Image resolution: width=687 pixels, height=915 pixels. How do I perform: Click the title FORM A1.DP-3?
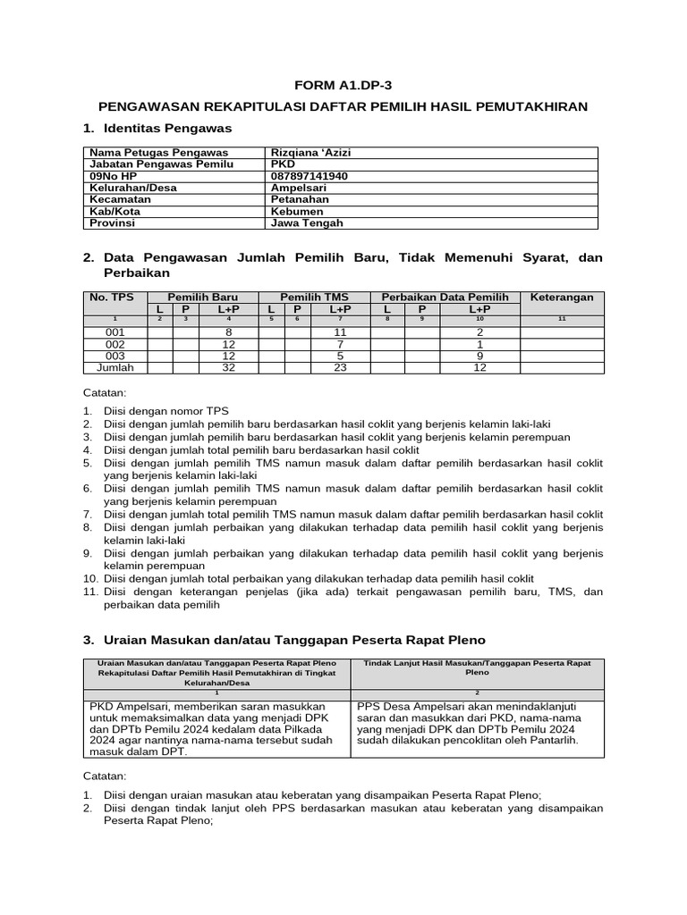pos(343,85)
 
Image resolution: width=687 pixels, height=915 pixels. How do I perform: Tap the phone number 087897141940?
pos(309,176)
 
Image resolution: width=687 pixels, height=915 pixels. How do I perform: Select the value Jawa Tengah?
pos(306,223)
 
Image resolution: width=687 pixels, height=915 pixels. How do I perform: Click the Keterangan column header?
pos(562,297)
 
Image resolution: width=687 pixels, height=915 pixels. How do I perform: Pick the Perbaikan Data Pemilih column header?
pos(445,297)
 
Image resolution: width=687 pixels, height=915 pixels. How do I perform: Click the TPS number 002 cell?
pos(115,344)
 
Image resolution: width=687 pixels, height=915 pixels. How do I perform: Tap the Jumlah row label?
pos(115,367)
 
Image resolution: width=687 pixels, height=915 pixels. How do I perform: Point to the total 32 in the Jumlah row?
pos(228,367)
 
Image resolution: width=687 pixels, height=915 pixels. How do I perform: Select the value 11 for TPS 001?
pos(339,332)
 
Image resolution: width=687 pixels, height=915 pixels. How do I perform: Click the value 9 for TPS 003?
pos(479,356)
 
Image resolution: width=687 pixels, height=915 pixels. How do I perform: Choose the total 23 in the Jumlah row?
pos(339,367)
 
